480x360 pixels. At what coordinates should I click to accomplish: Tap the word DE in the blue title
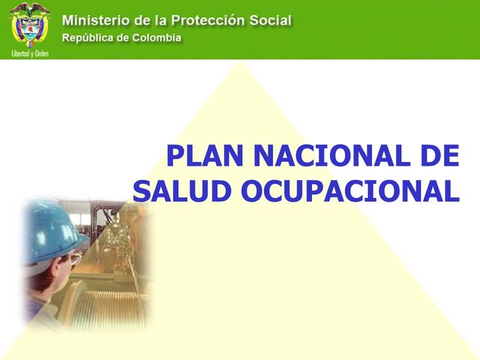438,156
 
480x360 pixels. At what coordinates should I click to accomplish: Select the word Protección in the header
217,19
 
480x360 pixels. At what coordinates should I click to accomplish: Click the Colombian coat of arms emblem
29,28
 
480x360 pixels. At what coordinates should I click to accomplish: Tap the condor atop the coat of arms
29,10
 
